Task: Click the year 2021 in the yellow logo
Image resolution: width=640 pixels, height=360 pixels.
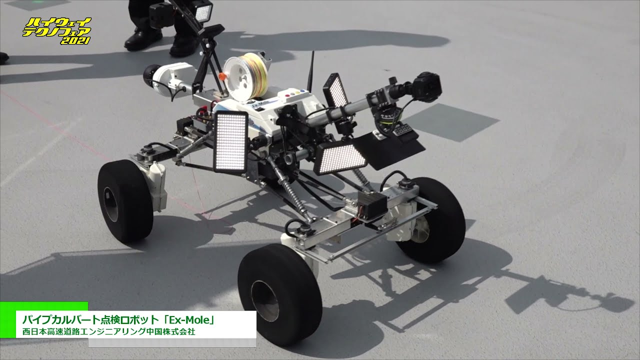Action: pos(75,40)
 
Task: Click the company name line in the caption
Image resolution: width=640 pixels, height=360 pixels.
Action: pos(109,331)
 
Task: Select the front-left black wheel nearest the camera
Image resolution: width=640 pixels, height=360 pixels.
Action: pos(279,295)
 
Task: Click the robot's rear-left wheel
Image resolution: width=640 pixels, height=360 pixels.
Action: pos(125,201)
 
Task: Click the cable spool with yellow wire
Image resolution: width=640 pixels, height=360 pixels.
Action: pos(246,76)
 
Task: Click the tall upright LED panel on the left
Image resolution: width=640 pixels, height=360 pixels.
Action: pos(230,142)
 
